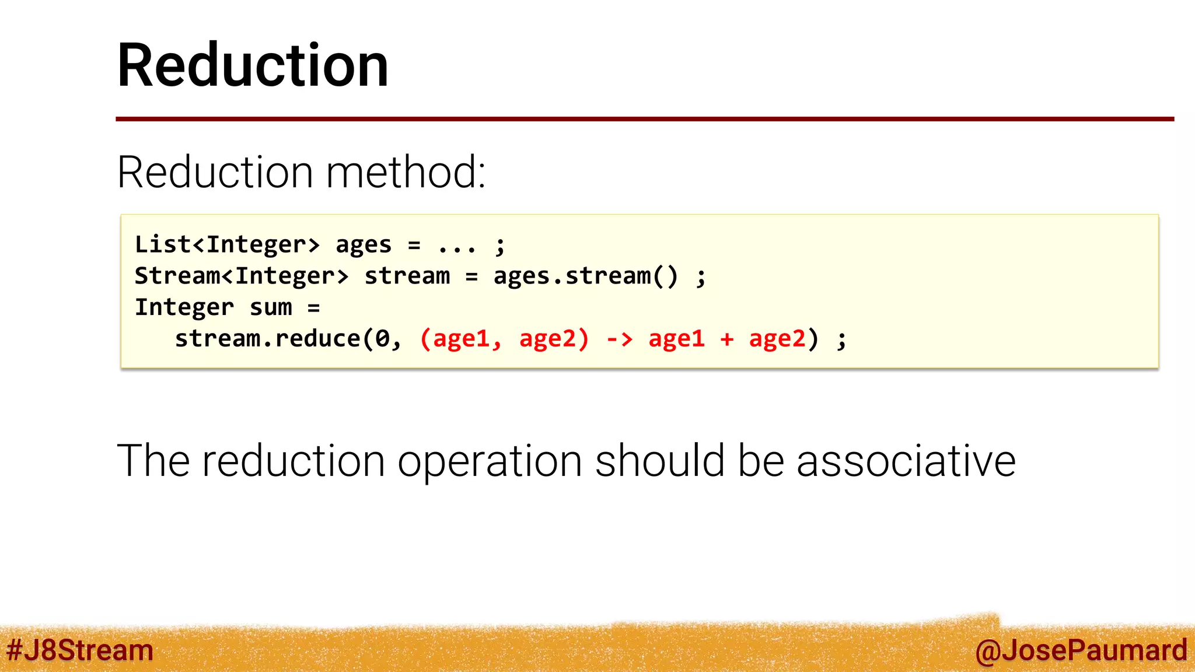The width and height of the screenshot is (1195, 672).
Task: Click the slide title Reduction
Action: click(253, 65)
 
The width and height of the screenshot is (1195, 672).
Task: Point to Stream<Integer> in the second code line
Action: click(242, 276)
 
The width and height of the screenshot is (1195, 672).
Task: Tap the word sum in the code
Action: click(271, 307)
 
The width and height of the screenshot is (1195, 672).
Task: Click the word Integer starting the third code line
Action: click(184, 307)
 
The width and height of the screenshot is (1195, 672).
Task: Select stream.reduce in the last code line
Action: click(268, 339)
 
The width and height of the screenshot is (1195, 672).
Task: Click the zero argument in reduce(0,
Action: click(382, 339)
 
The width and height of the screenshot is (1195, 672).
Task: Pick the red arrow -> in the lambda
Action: click(619, 339)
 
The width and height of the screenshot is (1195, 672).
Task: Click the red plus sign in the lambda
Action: click(726, 339)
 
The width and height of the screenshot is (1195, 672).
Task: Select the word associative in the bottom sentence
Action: click(906, 461)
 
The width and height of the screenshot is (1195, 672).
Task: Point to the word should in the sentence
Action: click(659, 461)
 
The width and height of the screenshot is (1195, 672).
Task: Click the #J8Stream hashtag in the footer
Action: click(79, 650)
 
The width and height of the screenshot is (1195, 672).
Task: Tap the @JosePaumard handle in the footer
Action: click(1081, 650)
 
